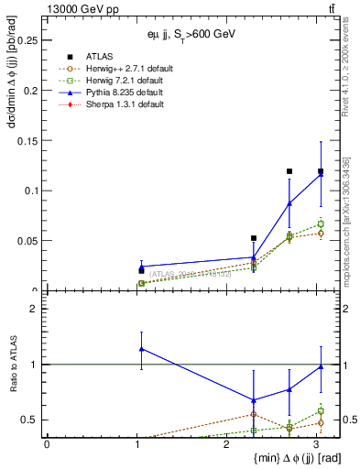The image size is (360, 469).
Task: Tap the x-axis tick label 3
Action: pos(316,444)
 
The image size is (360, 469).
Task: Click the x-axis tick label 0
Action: pos(47,444)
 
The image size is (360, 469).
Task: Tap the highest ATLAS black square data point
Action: pos(289,171)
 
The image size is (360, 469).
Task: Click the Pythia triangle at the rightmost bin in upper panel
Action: pos(321,173)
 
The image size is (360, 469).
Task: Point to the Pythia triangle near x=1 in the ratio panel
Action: pos(141,349)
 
